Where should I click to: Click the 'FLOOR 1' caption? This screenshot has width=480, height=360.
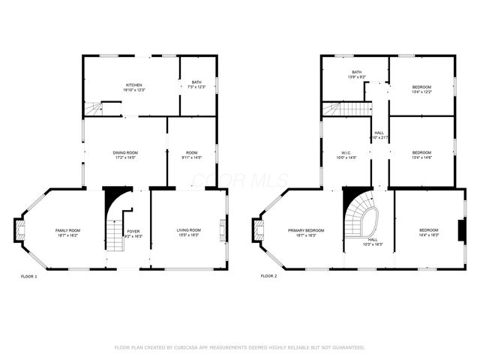click(28, 277)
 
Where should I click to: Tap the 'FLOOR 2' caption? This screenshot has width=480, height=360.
click(268, 277)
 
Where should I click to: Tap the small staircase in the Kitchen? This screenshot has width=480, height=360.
click(92, 109)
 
